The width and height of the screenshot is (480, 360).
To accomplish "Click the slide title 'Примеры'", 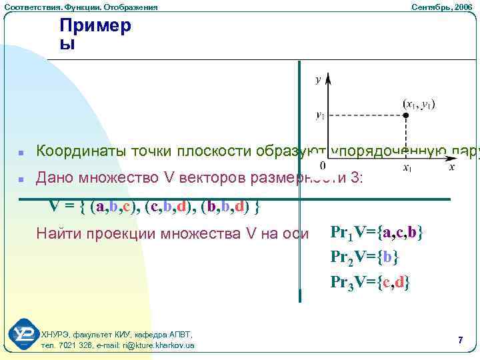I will (x=95, y=35).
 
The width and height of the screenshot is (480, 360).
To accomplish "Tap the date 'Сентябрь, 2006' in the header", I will (x=441, y=7).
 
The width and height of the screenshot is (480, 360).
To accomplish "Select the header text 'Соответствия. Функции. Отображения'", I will (x=81, y=7).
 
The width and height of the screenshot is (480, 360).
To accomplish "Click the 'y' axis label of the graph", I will (x=318, y=79).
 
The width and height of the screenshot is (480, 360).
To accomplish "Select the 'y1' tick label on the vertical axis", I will (x=320, y=115).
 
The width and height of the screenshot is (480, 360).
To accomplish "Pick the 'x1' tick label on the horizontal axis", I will (x=407, y=168).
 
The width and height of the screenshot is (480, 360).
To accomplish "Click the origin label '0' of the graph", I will (x=323, y=165).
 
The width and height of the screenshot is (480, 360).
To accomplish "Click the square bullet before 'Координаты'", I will (x=21, y=153).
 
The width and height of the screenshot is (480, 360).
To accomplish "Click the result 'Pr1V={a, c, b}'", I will (x=377, y=233).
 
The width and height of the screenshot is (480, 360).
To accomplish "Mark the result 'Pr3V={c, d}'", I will (x=371, y=281).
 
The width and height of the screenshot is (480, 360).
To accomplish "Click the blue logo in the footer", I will (x=23, y=335).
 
